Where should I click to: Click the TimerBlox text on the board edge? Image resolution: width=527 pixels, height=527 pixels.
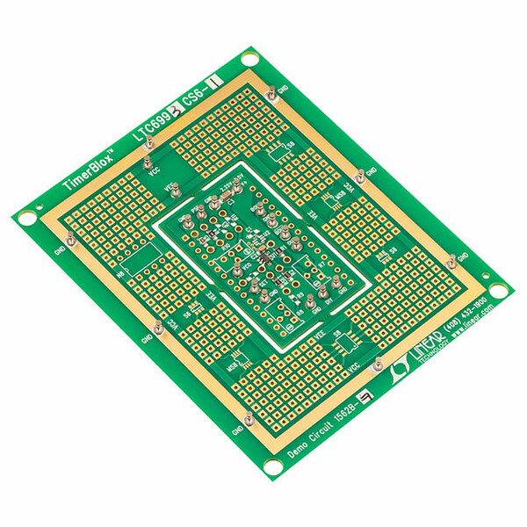91,170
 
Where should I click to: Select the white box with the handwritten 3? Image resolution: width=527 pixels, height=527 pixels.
173,110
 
